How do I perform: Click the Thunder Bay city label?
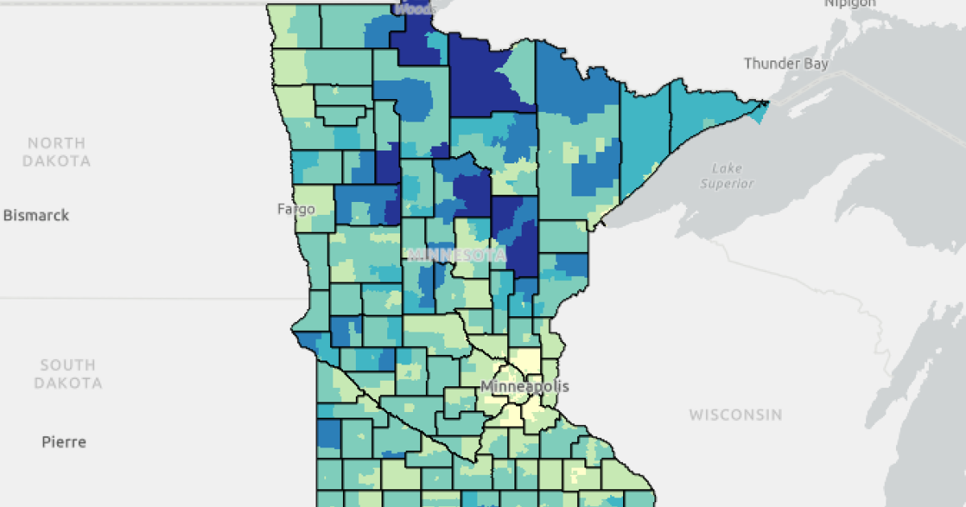[786, 64]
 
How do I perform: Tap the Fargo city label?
[296, 209]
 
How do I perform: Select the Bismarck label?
[36, 216]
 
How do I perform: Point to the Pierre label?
[64, 442]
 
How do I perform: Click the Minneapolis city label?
[525, 386]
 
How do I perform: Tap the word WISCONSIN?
[735, 415]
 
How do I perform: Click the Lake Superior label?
[727, 175]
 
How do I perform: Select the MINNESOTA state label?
[457, 255]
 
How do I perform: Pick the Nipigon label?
[849, 3]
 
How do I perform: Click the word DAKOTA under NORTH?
[56, 161]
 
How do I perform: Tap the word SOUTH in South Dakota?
[68, 365]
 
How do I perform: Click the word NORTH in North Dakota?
[56, 143]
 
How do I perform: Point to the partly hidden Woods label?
[415, 9]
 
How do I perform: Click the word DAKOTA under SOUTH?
[68, 383]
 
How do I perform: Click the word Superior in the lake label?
[727, 183]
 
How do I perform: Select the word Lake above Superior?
[727, 167]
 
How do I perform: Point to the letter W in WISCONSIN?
[695, 415]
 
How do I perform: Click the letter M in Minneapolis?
[487, 386]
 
